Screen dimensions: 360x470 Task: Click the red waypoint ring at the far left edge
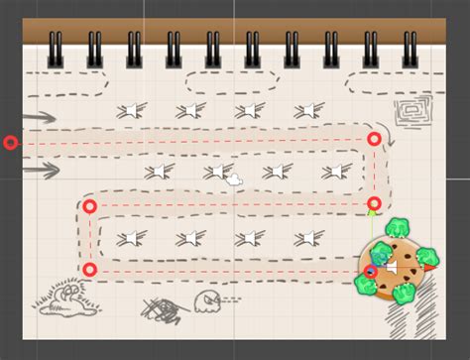pos(10,143)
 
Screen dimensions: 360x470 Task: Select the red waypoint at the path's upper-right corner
pos(374,139)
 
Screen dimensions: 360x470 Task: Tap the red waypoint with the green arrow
pos(373,205)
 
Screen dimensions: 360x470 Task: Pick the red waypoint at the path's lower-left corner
pos(89,269)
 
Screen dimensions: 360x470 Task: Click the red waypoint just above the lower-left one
pos(89,206)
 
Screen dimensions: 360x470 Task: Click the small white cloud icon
pos(235,180)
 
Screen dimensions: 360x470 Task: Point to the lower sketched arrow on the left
pos(40,171)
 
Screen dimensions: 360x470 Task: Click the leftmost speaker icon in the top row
pos(130,110)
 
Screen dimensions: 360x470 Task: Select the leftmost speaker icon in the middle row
pos(157,173)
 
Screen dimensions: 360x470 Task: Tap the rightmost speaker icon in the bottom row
pos(310,237)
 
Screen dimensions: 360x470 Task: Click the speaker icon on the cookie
pos(393,268)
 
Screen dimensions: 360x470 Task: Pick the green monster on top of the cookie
pos(403,228)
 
